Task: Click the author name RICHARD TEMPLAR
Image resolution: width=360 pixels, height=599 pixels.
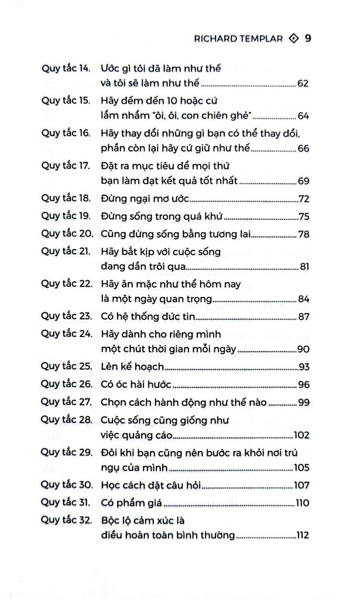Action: pos(239,39)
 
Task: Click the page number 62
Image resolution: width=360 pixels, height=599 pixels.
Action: pos(303,84)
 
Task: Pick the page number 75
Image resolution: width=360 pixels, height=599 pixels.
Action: pos(303,218)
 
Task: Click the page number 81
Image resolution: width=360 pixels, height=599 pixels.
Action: pos(303,268)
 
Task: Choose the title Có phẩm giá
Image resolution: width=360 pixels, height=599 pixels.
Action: pos(132,502)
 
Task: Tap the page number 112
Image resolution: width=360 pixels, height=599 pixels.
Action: pos(301,536)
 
